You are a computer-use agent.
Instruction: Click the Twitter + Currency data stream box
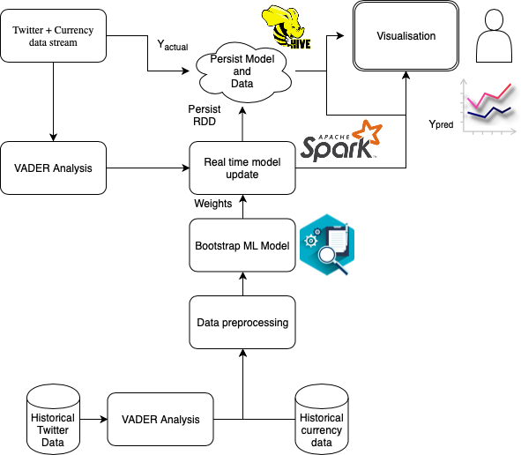coord(53,35)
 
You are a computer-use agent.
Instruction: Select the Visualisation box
coord(406,36)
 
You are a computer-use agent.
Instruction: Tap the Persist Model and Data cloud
coord(242,71)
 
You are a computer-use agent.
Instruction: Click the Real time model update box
coord(242,168)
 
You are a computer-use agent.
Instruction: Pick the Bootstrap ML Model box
coord(242,245)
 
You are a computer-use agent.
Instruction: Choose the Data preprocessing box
coord(242,322)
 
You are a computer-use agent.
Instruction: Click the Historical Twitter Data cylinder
coord(53,420)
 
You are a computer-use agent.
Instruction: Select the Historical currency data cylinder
coord(322,420)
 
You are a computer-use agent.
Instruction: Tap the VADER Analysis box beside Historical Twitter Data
coord(160,419)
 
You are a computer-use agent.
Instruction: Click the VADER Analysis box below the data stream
coord(53,168)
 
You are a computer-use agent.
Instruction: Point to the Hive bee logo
coord(287,27)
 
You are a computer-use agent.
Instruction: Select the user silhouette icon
coord(494,35)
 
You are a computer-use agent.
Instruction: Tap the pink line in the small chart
coord(488,96)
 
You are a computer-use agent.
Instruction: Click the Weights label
coord(213,204)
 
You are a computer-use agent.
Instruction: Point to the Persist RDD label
coord(205,115)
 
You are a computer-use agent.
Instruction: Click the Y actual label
coord(173,45)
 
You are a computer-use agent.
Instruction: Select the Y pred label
coord(441,124)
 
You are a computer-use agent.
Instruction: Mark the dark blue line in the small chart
coord(489,112)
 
